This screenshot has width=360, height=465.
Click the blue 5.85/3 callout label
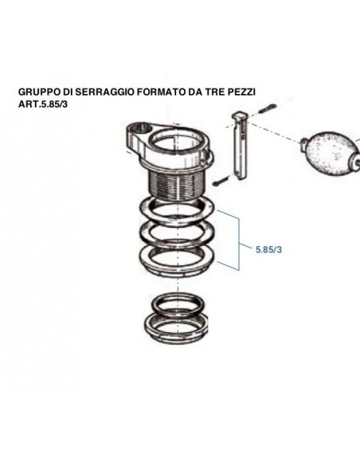270,249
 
